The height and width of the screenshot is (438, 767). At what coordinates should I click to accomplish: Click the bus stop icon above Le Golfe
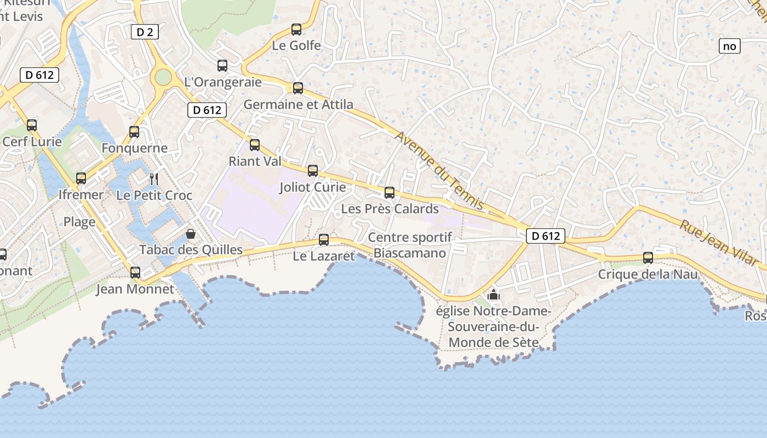tap(296, 30)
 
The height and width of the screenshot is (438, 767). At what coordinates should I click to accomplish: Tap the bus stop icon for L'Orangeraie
tap(222, 66)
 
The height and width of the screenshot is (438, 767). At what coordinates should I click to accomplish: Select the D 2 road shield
tap(145, 32)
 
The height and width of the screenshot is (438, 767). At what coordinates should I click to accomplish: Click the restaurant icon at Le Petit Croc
tap(154, 178)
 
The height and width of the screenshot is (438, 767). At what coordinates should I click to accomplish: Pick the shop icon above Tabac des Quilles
tap(191, 234)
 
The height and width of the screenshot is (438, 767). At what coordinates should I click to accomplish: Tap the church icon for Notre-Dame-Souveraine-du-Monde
tap(494, 295)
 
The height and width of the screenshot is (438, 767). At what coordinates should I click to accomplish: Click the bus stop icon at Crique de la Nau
tap(648, 258)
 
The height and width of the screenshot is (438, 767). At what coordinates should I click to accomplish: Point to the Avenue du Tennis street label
tap(439, 171)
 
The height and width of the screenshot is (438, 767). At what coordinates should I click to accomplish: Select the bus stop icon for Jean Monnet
tap(135, 272)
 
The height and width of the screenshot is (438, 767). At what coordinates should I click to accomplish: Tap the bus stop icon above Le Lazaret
tap(324, 240)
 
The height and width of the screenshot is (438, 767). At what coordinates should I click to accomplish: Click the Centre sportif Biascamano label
tap(410, 245)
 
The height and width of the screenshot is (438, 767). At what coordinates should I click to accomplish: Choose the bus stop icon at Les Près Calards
tap(390, 193)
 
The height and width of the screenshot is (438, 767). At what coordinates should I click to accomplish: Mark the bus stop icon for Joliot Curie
tap(313, 171)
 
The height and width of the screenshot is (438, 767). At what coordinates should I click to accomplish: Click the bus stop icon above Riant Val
tap(255, 145)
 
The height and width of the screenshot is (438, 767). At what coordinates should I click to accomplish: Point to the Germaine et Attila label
tap(298, 104)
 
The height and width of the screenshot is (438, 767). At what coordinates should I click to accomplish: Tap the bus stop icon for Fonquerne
tap(134, 132)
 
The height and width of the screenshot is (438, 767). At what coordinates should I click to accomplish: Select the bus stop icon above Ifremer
tap(81, 178)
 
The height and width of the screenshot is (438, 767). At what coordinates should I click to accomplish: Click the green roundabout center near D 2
tap(163, 77)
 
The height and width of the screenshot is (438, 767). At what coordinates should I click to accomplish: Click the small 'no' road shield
tap(729, 47)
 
